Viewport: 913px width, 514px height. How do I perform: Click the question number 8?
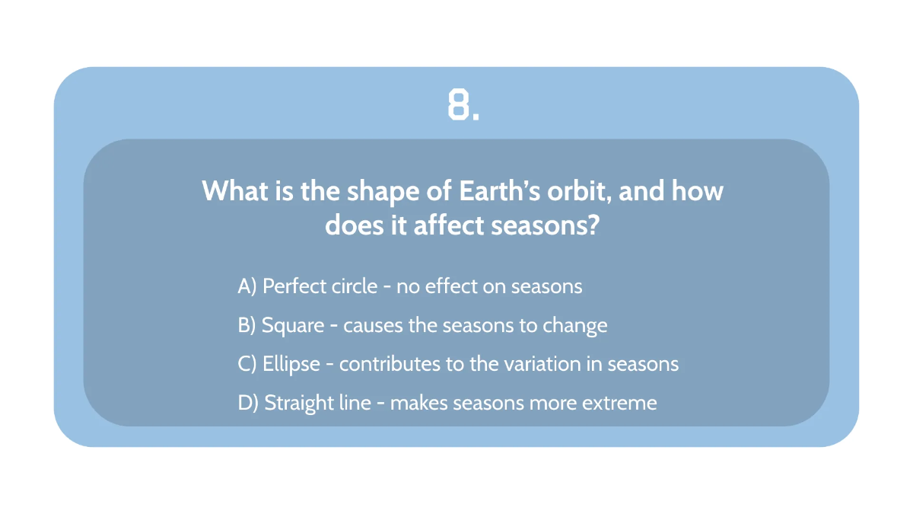(463, 106)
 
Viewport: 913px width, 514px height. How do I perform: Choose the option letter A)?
(247, 286)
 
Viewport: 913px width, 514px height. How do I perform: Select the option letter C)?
(247, 364)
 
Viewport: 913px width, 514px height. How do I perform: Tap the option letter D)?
(248, 403)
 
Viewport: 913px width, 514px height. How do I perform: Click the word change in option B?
(575, 326)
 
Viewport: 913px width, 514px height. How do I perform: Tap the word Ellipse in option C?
(291, 364)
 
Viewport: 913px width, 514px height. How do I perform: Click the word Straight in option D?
(297, 403)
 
